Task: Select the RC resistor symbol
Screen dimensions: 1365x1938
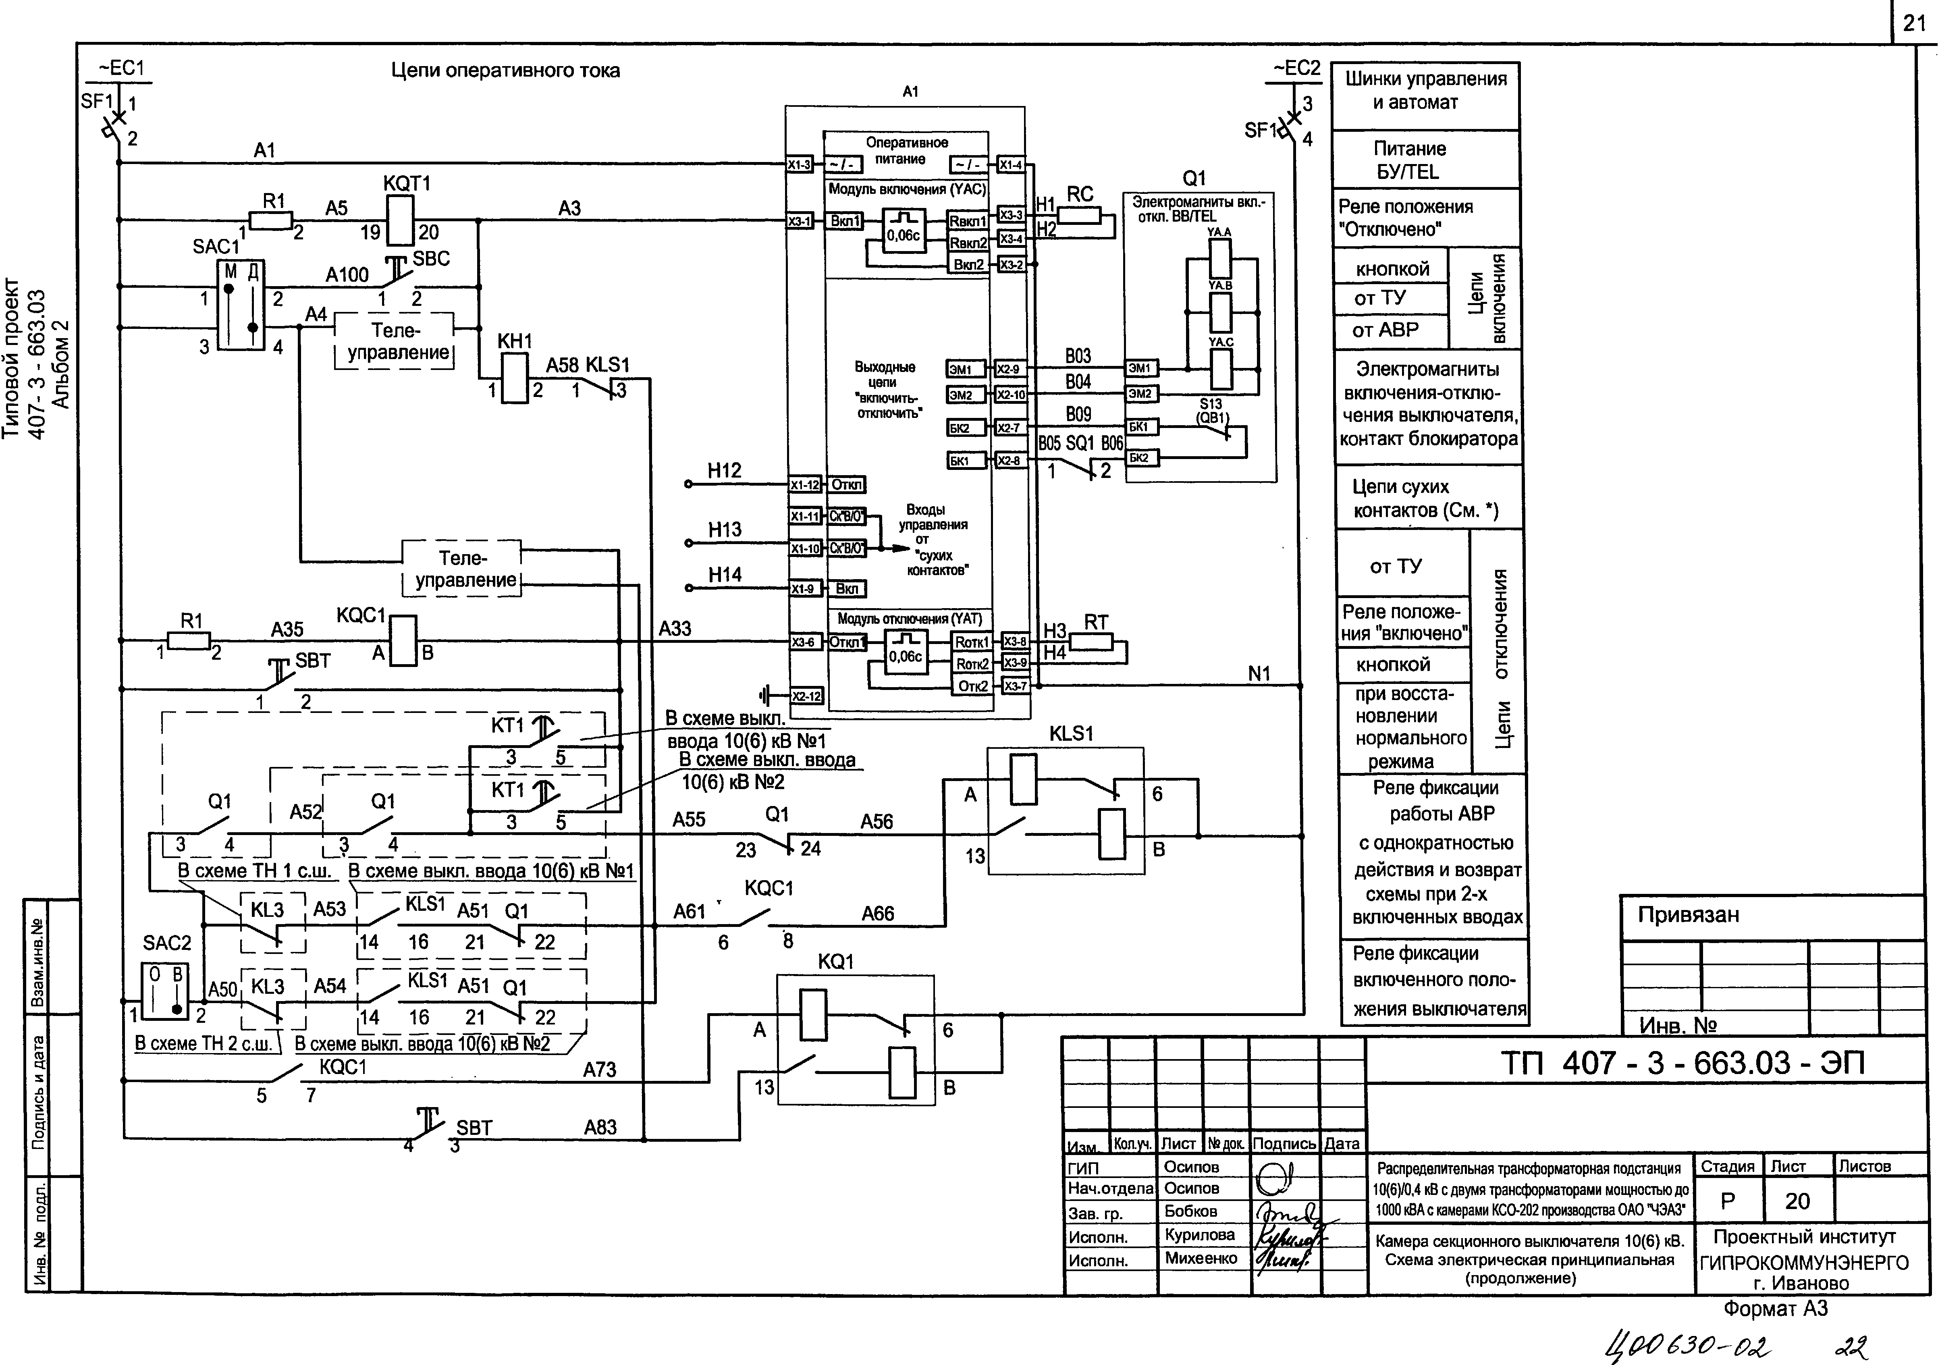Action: [x=1080, y=216]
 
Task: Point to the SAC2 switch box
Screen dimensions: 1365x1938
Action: [x=166, y=992]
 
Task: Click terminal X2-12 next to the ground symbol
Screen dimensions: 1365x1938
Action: [x=806, y=696]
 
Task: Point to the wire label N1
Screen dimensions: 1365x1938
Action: [x=1259, y=674]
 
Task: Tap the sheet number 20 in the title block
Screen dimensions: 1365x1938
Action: [x=1797, y=1201]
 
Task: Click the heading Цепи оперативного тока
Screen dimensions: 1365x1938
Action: [x=505, y=71]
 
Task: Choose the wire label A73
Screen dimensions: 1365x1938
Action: [x=599, y=1070]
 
